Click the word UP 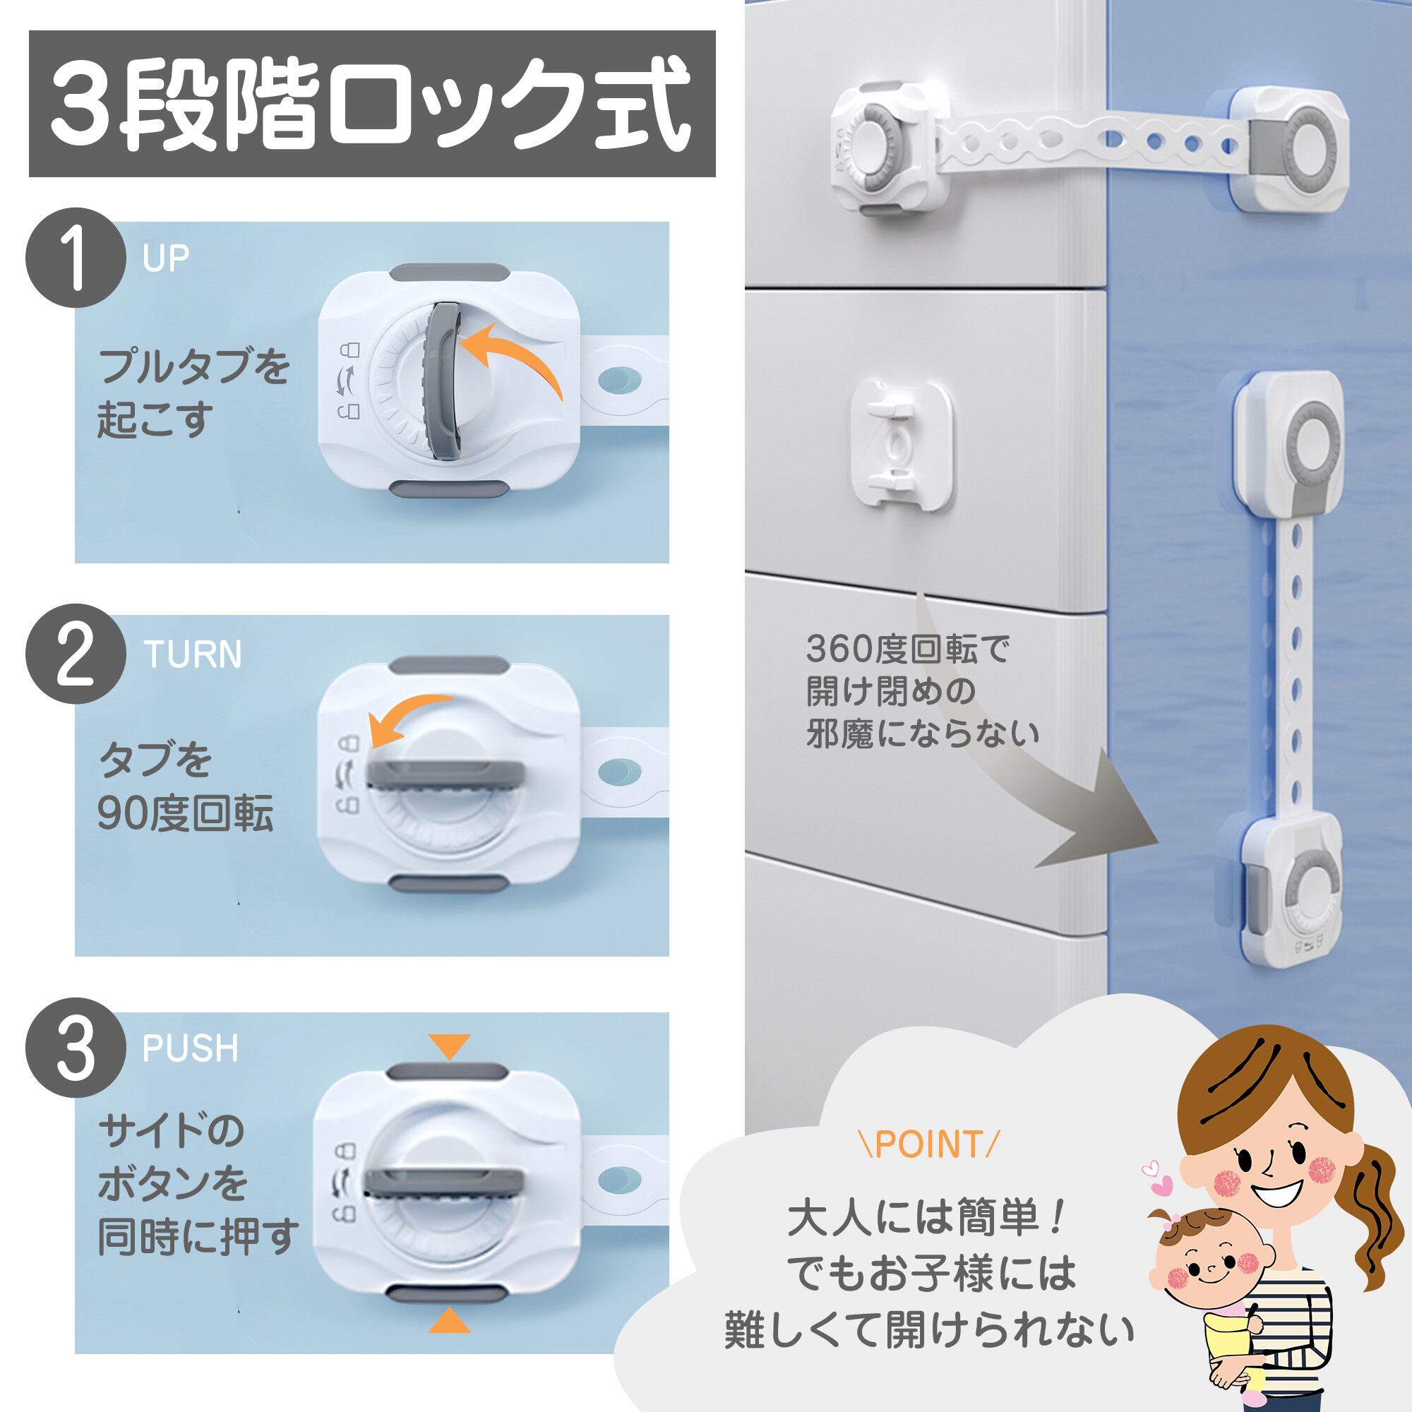[166, 258]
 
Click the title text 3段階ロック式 [372, 104]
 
